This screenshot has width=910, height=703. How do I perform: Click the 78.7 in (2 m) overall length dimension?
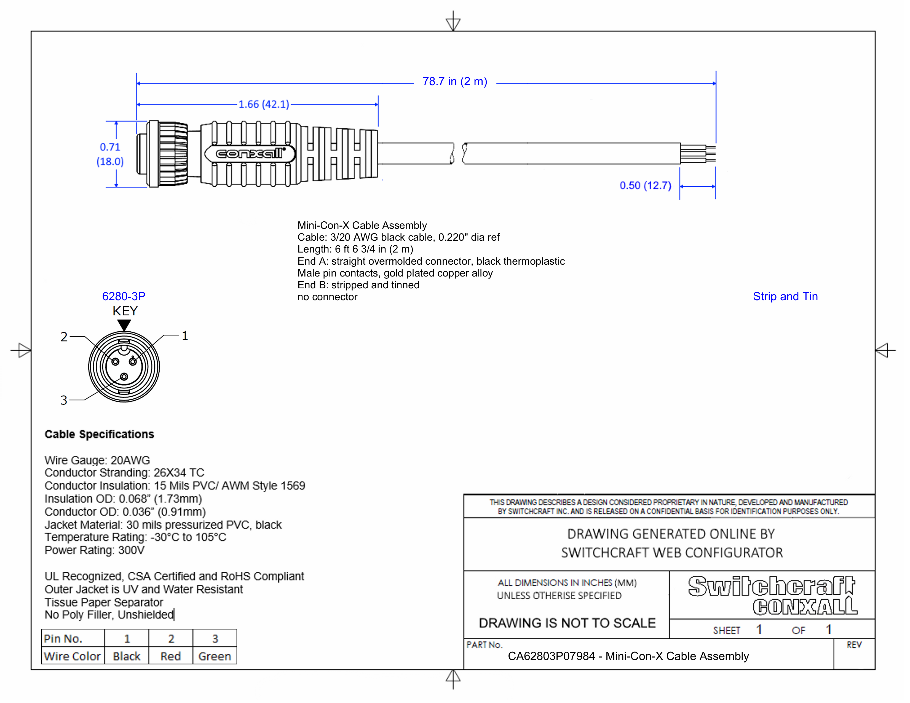pyautogui.click(x=454, y=82)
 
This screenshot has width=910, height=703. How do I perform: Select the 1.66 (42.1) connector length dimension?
pyautogui.click(x=264, y=104)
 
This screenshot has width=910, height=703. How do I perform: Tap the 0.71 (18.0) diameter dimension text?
pyautogui.click(x=110, y=154)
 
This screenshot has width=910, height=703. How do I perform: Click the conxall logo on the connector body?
pyautogui.click(x=250, y=154)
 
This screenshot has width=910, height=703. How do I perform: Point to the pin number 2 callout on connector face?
pyautogui.click(x=64, y=337)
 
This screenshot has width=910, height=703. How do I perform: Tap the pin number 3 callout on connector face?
pyautogui.click(x=64, y=400)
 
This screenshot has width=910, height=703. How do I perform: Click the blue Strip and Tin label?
pyautogui.click(x=785, y=297)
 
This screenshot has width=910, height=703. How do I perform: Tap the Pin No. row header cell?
pyautogui.click(x=63, y=638)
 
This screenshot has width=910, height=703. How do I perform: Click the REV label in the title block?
pyautogui.click(x=854, y=645)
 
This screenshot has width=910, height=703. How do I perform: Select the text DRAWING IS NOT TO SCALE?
pyautogui.click(x=567, y=623)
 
